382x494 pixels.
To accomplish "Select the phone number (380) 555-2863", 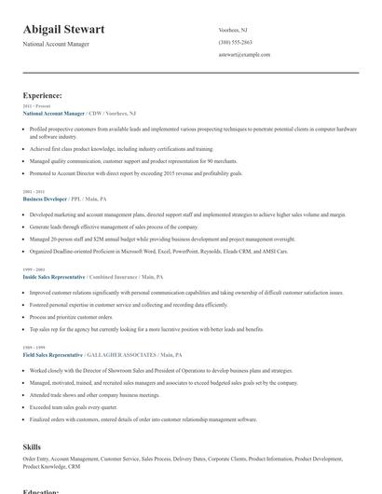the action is click(x=235, y=43).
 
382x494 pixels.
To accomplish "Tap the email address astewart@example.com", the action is click(x=244, y=55).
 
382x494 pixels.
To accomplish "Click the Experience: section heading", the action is click(x=43, y=95).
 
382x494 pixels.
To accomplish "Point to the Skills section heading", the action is click(x=32, y=447).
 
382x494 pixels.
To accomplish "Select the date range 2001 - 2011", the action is click(x=33, y=192).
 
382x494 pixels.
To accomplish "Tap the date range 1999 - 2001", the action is click(x=33, y=269).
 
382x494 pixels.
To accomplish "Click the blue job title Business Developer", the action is click(x=45, y=199).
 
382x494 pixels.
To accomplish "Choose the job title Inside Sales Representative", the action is click(x=53, y=277).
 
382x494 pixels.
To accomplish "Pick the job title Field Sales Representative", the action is click(x=52, y=355).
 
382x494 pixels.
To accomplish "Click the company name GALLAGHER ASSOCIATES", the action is click(x=121, y=355).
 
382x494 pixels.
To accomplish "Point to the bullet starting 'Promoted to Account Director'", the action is click(x=136, y=173).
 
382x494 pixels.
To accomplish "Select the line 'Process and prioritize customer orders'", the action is click(x=71, y=317).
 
